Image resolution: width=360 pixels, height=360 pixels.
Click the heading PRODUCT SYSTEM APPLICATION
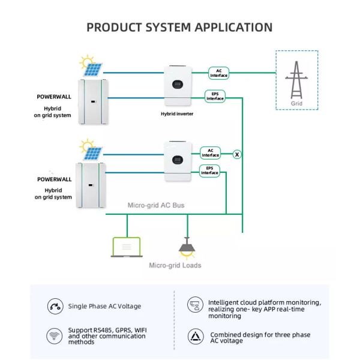pyautogui.click(x=179, y=27)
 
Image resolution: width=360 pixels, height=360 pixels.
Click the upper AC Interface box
pyautogui.click(x=218, y=73)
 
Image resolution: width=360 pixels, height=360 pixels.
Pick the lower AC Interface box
pyautogui.click(x=211, y=152)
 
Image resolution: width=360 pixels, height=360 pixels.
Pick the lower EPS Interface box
pyautogui.click(x=210, y=170)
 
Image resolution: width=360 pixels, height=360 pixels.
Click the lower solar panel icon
pyautogui.click(x=92, y=151)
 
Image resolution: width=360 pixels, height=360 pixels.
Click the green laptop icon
pyautogui.click(x=127, y=247)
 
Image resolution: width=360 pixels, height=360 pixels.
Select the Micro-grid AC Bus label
pyautogui.click(x=156, y=205)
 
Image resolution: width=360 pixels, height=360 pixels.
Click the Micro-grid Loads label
pyautogui.click(x=175, y=265)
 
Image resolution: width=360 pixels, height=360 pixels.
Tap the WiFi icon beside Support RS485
pyautogui.click(x=55, y=335)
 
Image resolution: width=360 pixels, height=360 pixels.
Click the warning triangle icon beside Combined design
pyautogui.click(x=196, y=336)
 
